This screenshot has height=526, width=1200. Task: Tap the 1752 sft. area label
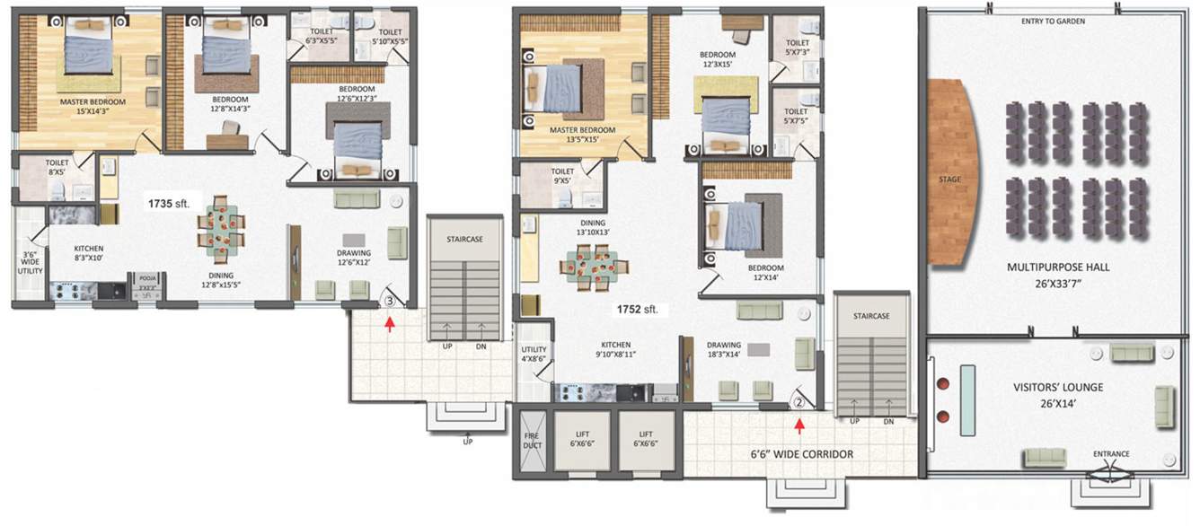tap(636, 310)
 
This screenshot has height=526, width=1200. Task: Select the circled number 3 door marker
tap(389, 302)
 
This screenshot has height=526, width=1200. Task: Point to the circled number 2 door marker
tap(798, 402)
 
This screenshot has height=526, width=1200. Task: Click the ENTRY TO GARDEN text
tap(1054, 21)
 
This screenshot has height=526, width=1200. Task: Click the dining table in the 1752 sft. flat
tap(594, 266)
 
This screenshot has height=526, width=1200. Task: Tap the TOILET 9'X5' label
tap(562, 176)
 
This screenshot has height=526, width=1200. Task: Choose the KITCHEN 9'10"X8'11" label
tap(615, 349)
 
